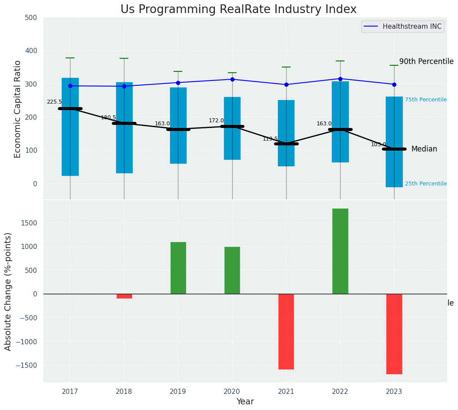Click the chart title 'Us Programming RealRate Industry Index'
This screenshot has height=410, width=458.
click(x=238, y=10)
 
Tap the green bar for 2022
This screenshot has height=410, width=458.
click(x=340, y=251)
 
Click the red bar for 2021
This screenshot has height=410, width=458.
click(x=286, y=331)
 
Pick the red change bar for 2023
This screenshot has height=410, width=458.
click(x=394, y=334)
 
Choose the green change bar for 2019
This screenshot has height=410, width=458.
click(x=178, y=268)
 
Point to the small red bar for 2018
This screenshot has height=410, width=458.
click(x=124, y=296)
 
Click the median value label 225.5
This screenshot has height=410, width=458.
click(x=54, y=102)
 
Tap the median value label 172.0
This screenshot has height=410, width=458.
click(x=216, y=121)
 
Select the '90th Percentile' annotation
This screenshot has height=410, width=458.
click(x=426, y=62)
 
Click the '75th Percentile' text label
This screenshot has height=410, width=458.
click(x=425, y=100)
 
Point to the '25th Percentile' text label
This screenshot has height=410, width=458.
click(x=425, y=184)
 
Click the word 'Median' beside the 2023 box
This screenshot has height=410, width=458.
click(x=424, y=149)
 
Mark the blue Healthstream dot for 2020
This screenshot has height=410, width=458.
click(x=232, y=79)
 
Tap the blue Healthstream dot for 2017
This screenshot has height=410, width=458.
click(x=70, y=86)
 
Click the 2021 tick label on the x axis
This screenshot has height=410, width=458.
click(x=286, y=391)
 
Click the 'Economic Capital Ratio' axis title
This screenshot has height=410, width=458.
click(x=18, y=109)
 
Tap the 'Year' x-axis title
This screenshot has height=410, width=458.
click(x=245, y=402)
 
